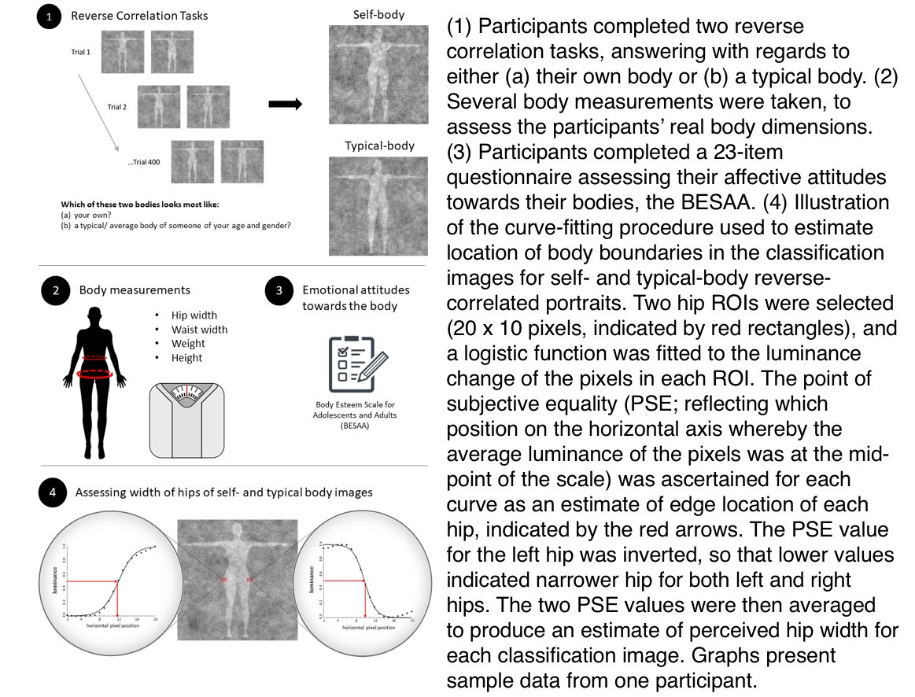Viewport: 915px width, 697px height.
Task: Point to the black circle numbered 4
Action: tap(51, 493)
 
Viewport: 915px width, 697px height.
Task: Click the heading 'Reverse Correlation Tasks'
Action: tap(140, 16)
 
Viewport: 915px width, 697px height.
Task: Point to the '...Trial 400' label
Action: tap(146, 162)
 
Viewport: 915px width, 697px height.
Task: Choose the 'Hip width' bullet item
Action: tap(194, 315)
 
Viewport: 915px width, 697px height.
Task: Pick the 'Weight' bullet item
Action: tap(188, 344)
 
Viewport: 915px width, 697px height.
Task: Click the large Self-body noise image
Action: tap(378, 74)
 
